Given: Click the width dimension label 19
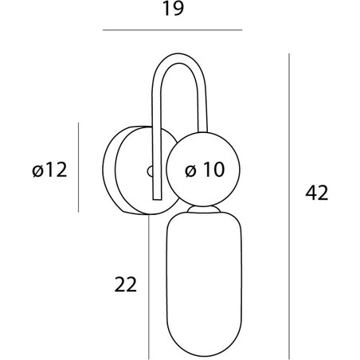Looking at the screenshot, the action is tap(173, 9).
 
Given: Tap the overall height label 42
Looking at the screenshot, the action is tap(317, 193).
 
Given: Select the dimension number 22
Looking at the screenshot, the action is tap(126, 284).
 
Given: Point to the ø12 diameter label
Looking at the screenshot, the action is tap(49, 170).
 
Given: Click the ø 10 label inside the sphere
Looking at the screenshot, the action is tap(205, 170).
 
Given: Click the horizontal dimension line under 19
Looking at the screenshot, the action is tap(172, 30).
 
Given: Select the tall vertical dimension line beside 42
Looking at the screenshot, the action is tap(289, 206).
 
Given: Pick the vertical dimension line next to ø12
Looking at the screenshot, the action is tap(78, 167).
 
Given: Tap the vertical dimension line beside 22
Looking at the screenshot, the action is tap(149, 287).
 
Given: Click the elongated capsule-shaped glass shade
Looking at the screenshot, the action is tap(204, 284).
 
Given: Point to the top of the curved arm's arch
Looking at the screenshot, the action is tap(178, 54).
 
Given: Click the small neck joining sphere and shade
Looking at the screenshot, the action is tap(204, 209).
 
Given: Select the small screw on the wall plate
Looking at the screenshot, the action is tap(150, 171).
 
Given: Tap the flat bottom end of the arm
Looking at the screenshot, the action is tap(158, 199).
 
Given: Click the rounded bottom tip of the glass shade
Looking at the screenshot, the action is tap(204, 356).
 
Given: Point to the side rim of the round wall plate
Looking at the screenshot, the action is tap(109, 170).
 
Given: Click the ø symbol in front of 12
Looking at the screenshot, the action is tap(37, 171).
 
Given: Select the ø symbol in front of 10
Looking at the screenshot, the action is tap(190, 170).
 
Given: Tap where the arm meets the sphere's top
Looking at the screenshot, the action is tap(203, 131).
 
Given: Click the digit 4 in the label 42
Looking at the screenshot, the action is tap(311, 193).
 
